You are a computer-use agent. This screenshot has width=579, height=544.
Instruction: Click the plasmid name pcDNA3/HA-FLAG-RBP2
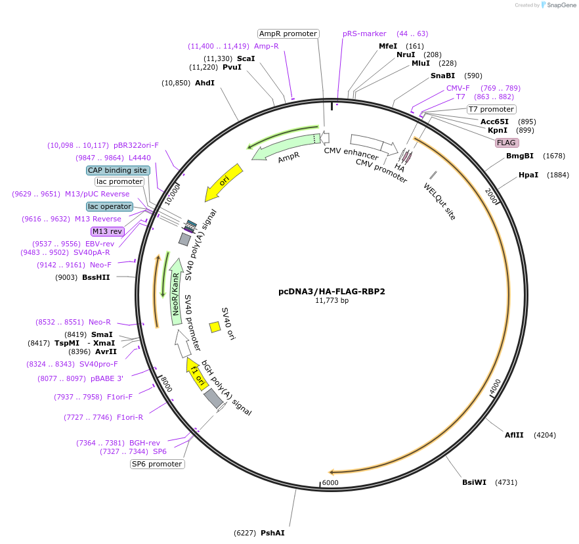click(332, 291)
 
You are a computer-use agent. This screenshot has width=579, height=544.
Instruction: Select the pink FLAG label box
click(506, 143)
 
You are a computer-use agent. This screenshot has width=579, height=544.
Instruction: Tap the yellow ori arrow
click(224, 182)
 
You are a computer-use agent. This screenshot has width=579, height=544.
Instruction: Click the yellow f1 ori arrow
click(196, 374)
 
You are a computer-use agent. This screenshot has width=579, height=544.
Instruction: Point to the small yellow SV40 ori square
click(215, 327)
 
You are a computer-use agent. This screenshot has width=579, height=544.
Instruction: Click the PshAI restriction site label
click(272, 533)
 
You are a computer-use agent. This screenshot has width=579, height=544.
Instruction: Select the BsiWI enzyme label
click(474, 482)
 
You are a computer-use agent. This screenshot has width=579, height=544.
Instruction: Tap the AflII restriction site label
click(514, 435)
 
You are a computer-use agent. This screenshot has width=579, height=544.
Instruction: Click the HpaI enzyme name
click(528, 175)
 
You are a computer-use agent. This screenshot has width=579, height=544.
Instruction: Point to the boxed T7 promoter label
click(491, 109)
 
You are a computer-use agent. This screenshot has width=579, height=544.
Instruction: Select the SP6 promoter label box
click(157, 464)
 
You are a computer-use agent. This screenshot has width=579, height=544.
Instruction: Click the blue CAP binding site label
click(118, 170)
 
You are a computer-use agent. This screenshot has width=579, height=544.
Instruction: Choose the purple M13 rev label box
click(107, 231)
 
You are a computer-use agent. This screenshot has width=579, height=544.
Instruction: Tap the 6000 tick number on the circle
click(330, 483)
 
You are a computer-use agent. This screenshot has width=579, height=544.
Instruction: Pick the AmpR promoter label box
click(288, 34)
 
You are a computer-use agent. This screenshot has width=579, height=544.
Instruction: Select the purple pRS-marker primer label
click(364, 34)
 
